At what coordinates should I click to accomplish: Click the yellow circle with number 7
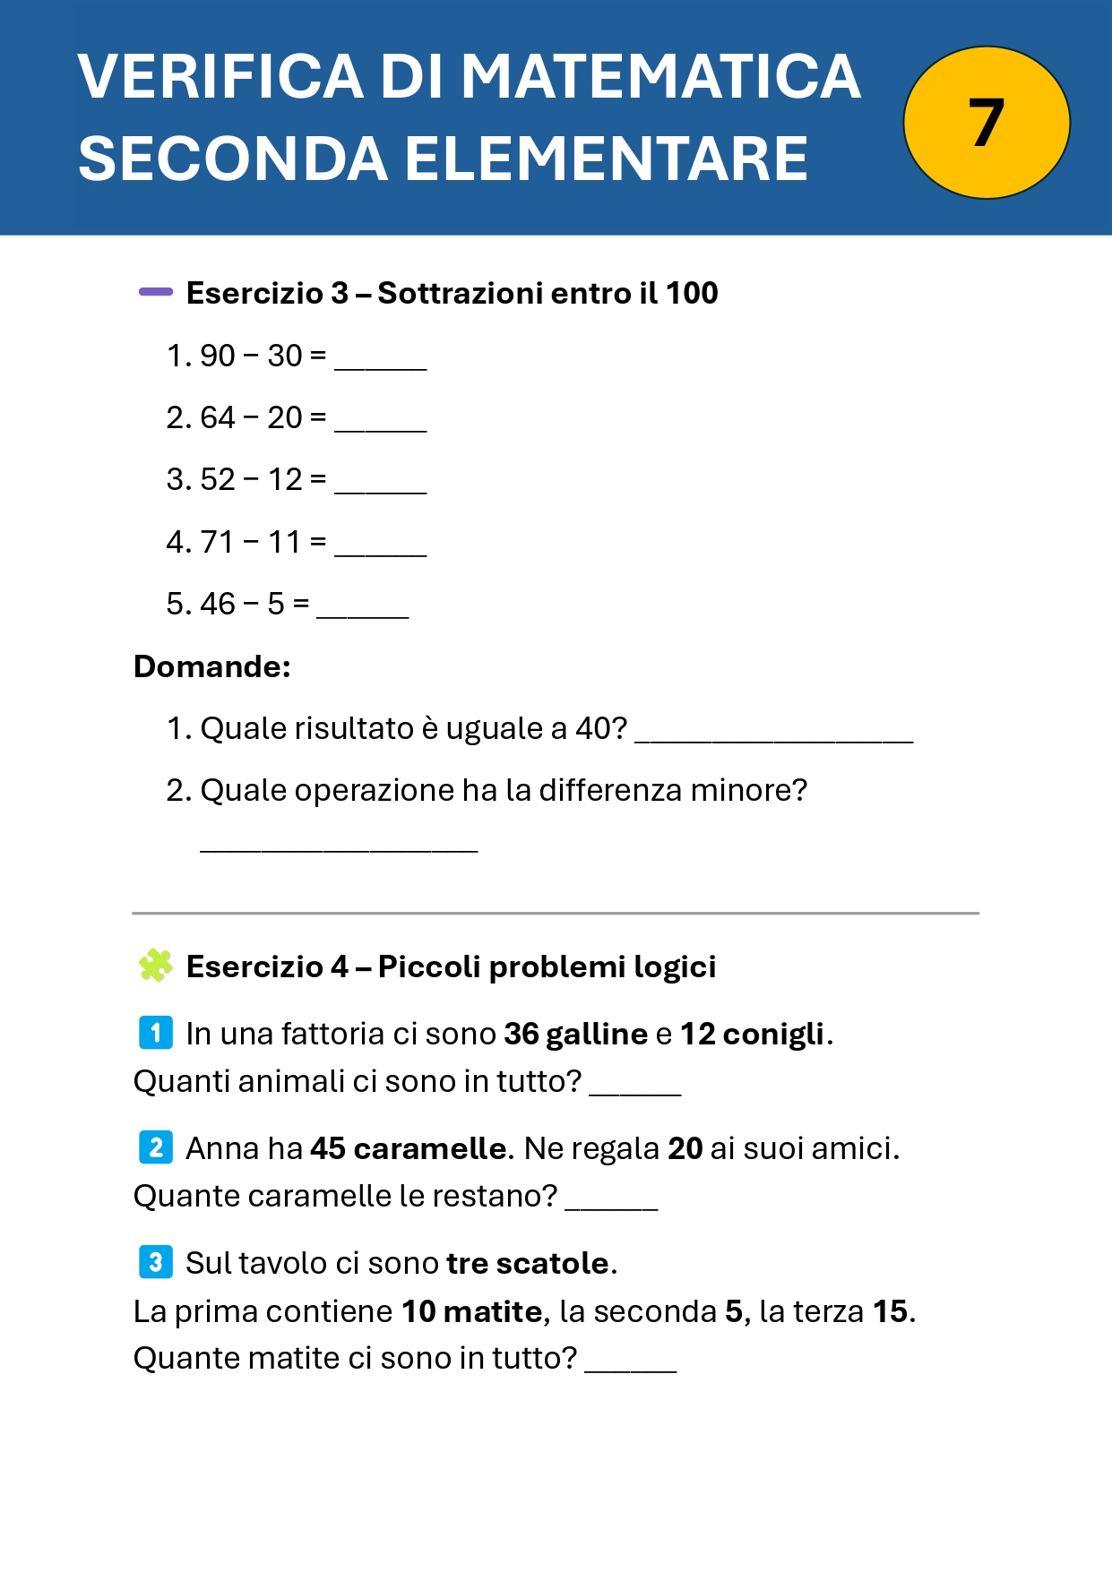click(987, 123)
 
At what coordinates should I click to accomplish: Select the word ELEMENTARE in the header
click(607, 159)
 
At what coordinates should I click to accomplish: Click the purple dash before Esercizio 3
click(156, 291)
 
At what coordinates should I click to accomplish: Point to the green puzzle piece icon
click(156, 966)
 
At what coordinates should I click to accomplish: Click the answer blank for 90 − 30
click(381, 363)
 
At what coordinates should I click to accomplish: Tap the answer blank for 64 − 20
click(381, 425)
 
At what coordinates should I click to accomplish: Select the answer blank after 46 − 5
click(363, 611)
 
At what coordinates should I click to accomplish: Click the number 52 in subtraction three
click(218, 479)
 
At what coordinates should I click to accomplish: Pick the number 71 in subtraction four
click(217, 542)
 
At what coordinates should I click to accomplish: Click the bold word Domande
click(211, 666)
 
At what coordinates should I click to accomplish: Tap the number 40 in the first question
click(593, 728)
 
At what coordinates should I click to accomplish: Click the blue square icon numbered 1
click(156, 1033)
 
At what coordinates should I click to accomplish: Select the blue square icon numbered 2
click(156, 1147)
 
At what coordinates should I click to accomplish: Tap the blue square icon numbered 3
click(156, 1262)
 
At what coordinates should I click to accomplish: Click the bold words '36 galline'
click(575, 1034)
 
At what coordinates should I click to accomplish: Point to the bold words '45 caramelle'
click(409, 1148)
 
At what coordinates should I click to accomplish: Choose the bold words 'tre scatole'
click(528, 1263)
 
